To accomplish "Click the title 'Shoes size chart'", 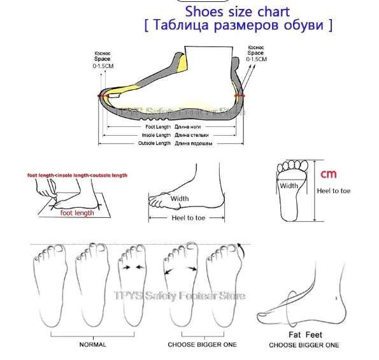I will [237, 11].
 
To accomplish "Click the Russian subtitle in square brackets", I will [238, 25].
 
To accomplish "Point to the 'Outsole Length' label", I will [155, 143].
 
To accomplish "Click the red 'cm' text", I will [328, 174].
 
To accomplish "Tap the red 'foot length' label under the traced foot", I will [77, 213].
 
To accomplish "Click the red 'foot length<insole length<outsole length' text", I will [77, 175].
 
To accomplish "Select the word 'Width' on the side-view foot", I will [180, 198].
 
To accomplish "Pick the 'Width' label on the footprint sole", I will [289, 186].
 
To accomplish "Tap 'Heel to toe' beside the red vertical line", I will [336, 191].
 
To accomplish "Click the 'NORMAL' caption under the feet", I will [93, 345].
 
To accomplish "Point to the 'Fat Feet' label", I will [305, 335].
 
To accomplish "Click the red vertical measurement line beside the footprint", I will [315, 191].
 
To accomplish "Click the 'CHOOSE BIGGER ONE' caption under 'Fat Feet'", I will [304, 345].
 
